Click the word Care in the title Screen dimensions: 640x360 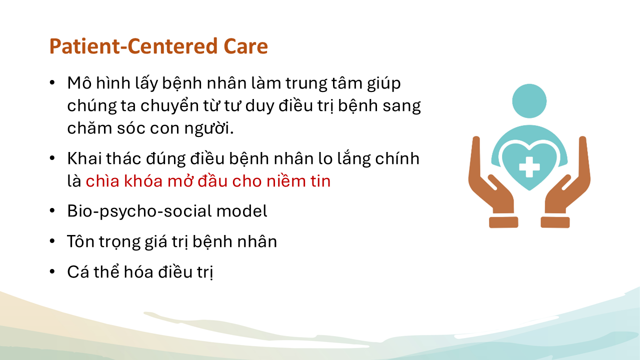coord(245,46)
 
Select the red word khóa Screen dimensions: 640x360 coord(144,181)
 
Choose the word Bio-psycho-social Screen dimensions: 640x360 coord(139,211)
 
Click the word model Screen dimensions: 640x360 coord(241,211)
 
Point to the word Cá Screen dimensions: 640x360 coord(78,271)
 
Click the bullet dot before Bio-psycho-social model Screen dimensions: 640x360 coord(52,211)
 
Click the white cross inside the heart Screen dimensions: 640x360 coord(529,167)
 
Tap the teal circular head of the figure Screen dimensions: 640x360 coord(529,101)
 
